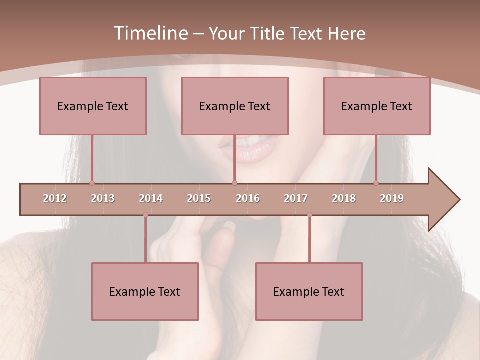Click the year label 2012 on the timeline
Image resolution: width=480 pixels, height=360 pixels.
click(x=55, y=198)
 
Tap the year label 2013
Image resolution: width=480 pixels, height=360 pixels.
click(x=103, y=198)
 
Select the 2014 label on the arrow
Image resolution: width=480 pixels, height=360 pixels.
click(x=151, y=198)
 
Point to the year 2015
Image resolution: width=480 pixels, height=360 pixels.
click(x=199, y=198)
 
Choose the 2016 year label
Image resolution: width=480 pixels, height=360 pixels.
click(x=248, y=198)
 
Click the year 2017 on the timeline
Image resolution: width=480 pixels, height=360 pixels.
click(x=296, y=198)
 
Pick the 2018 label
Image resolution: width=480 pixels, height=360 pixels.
click(x=344, y=198)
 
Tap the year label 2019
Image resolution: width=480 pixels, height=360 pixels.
click(x=392, y=198)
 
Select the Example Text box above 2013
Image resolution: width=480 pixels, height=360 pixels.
click(x=93, y=106)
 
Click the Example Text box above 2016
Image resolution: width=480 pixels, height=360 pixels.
click(x=235, y=106)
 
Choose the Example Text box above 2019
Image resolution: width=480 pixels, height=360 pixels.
click(x=377, y=106)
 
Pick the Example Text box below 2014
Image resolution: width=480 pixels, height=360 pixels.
click(x=145, y=291)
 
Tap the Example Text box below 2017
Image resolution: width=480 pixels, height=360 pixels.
click(x=309, y=291)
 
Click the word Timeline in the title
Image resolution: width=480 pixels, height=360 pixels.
click(x=150, y=33)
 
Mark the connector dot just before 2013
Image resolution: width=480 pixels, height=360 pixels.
click(x=92, y=183)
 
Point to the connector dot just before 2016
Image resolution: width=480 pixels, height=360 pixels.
click(x=234, y=183)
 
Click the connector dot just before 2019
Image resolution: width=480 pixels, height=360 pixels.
click(x=376, y=183)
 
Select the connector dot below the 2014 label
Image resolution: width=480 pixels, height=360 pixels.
click(x=145, y=215)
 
